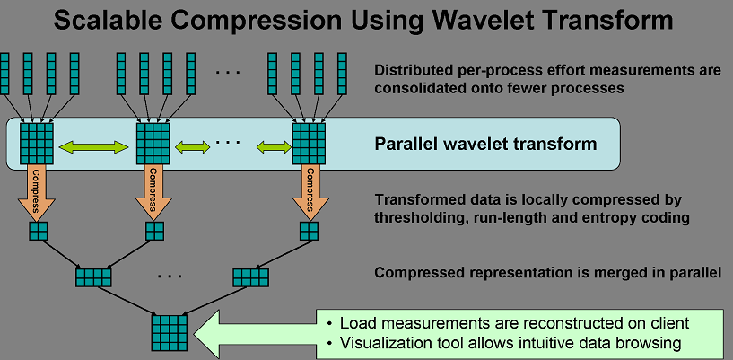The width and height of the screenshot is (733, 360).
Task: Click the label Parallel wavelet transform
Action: pos(485,143)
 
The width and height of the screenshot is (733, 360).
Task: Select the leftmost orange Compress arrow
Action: pos(37,194)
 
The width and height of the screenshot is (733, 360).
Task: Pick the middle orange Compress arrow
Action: pos(153,194)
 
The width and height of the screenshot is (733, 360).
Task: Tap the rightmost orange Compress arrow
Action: pos(309,194)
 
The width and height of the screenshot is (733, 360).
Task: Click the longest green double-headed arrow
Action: pos(93,147)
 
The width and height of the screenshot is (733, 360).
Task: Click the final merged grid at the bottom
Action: pos(170,333)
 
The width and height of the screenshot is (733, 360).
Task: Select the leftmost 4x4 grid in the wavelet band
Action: pos(37,144)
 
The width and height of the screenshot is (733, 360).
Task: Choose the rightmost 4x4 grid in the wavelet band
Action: pos(309,144)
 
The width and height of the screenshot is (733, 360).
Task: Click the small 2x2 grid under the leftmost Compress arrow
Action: pos(39,231)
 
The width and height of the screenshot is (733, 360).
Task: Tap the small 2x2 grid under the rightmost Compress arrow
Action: pos(309,231)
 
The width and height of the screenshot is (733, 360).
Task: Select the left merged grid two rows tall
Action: pos(93,277)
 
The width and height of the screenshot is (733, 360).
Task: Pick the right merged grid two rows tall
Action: pos(250,277)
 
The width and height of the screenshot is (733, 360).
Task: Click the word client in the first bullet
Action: pos(668,322)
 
